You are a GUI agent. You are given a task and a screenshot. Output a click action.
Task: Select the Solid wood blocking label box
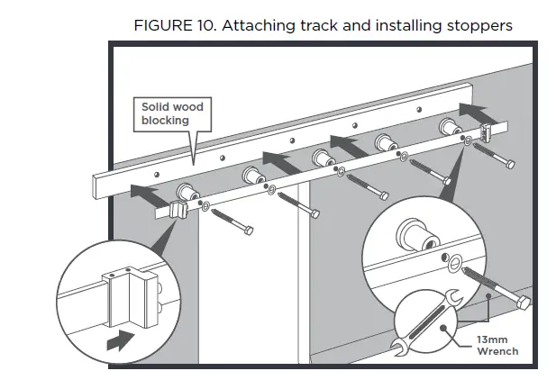coord(172,114)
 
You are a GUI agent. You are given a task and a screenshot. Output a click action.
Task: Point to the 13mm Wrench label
coord(497,345)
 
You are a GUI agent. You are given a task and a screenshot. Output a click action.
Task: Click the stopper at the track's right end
coord(488,132)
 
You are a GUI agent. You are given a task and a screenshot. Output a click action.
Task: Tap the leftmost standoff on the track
coord(188,192)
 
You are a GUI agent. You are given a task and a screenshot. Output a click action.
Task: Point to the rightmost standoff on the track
coord(449,127)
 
